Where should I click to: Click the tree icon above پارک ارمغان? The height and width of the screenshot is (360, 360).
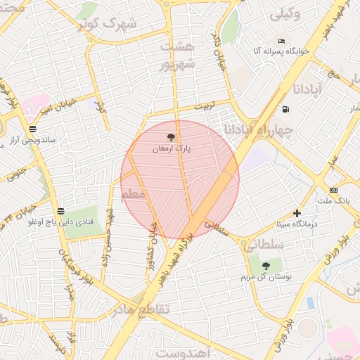click(172, 138)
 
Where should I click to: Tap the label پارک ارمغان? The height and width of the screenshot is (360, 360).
click(172, 149)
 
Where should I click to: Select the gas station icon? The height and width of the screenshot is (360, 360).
click(285, 109)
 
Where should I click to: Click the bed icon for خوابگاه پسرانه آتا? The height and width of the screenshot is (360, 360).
click(282, 41)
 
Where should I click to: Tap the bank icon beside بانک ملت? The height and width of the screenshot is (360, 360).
click(333, 190)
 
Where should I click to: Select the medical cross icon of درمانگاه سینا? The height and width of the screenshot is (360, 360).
click(297, 213)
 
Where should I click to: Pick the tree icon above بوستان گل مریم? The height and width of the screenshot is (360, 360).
click(266, 265)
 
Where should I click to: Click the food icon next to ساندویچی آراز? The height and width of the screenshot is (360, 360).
click(32, 129)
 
